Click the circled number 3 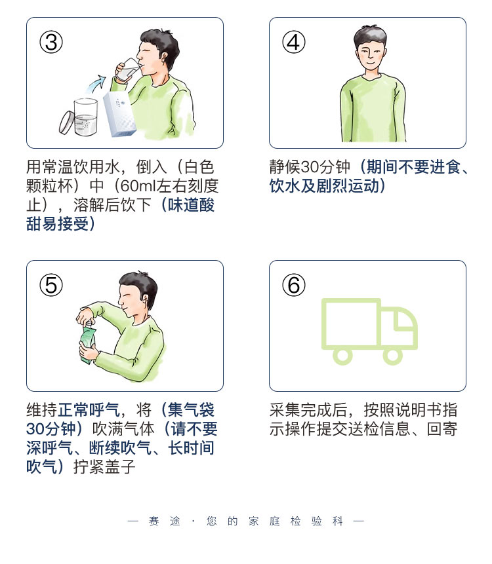click(x=51, y=42)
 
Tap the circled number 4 click(x=294, y=42)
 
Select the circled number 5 click(x=51, y=285)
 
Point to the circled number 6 click(x=294, y=285)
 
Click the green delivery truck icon click(x=369, y=331)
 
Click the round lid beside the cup click(x=67, y=122)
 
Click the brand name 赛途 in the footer click(x=163, y=521)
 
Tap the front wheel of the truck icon click(x=393, y=355)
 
